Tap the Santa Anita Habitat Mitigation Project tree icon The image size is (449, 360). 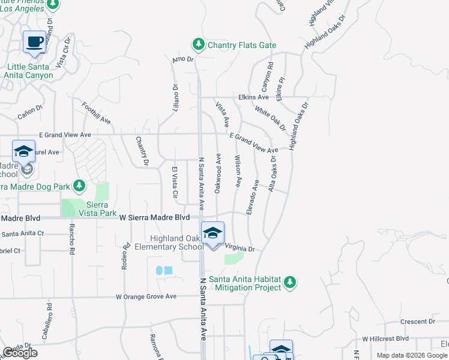click(x=290, y=281)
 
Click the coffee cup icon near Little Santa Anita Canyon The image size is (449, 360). click(x=35, y=43)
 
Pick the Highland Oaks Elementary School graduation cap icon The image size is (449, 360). click(x=212, y=233)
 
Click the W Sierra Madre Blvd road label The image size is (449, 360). click(x=154, y=217)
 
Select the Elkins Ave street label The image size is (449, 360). click(x=254, y=97)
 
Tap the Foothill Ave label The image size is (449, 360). click(x=97, y=112)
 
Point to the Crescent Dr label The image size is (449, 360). click(x=414, y=322)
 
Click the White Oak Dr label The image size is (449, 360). click(x=270, y=118)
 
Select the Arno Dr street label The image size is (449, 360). click(x=182, y=59)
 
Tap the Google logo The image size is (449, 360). click(x=20, y=353)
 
